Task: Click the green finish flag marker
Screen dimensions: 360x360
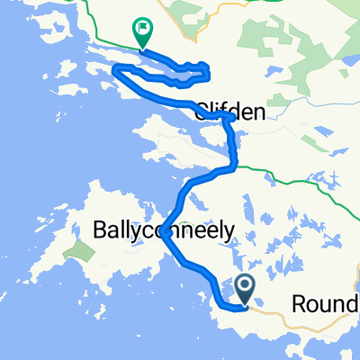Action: coord(141,31)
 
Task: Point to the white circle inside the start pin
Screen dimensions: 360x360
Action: coord(245,286)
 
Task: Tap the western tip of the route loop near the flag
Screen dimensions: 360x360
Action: coord(114,69)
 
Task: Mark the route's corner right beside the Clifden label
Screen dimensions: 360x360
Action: coord(232,118)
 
